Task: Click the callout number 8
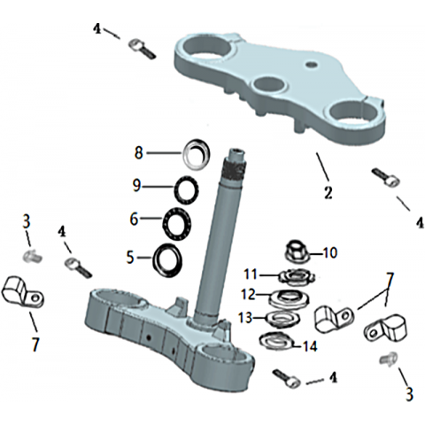click(x=139, y=153)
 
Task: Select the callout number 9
click(x=136, y=186)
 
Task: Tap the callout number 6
click(x=135, y=219)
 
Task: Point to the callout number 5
click(x=130, y=258)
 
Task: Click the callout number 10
click(x=329, y=253)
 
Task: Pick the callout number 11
click(x=251, y=274)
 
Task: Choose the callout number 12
click(x=248, y=295)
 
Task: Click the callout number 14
click(x=309, y=346)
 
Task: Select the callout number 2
click(x=328, y=192)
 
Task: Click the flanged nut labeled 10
click(x=297, y=251)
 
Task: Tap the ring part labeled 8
click(x=197, y=154)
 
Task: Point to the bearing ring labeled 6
click(x=177, y=223)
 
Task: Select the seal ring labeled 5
click(x=167, y=260)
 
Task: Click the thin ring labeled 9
click(x=186, y=190)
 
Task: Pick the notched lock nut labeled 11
click(x=297, y=277)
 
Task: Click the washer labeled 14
click(x=276, y=341)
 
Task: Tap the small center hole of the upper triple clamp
click(x=311, y=64)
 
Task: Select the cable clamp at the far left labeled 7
click(x=23, y=291)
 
